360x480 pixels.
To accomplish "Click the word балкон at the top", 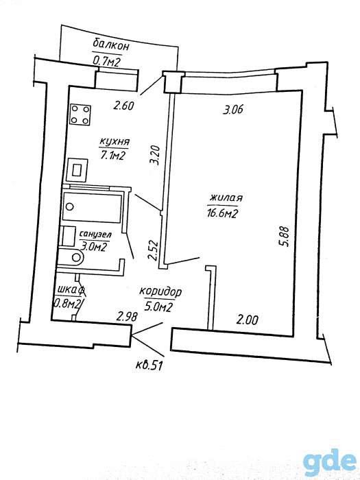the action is (x=111, y=45).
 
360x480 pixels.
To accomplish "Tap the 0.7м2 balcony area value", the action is (x=106, y=62).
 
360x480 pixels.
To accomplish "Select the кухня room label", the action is (x=115, y=143).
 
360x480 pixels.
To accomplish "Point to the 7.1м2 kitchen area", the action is (x=112, y=156).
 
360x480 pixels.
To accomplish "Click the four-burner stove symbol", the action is (x=80, y=115).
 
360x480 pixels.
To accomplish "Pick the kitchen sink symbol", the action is (x=77, y=169).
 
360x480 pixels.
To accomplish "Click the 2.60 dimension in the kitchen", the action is (x=123, y=106).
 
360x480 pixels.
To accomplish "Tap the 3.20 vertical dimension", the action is (x=156, y=155).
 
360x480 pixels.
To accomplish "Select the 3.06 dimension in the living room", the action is (x=233, y=109).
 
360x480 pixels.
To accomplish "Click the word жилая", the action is (x=226, y=197).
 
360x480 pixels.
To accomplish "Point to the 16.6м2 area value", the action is (x=221, y=213).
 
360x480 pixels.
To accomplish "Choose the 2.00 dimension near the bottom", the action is (x=248, y=320).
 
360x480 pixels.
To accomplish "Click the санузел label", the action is (x=95, y=235).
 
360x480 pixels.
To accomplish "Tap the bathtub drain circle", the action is (x=70, y=206).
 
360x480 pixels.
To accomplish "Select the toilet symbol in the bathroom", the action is (x=71, y=257).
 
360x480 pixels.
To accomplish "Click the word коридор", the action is (x=160, y=291).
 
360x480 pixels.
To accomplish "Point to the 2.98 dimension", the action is (x=127, y=316).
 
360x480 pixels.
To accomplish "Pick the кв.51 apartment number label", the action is (x=149, y=365).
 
